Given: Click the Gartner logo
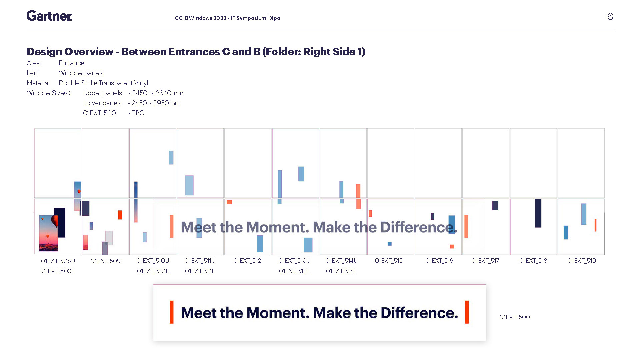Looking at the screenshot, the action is [x=49, y=16].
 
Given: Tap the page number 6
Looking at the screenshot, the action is [x=610, y=16].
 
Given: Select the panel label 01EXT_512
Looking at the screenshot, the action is [x=247, y=261].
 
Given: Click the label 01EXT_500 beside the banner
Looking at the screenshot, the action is [x=515, y=317].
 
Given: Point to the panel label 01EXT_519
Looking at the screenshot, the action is [x=582, y=261].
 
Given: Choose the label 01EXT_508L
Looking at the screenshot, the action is [x=58, y=271].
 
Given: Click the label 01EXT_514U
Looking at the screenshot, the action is [x=342, y=261].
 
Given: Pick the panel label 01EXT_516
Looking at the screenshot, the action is [x=439, y=261].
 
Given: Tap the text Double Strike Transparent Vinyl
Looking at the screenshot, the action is [x=103, y=83].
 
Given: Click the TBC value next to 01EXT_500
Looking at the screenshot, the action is [x=138, y=113].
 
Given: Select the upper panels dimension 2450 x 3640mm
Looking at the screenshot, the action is [x=158, y=93].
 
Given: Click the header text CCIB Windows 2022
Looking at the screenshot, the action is [x=201, y=18].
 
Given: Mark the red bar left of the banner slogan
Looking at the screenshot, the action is [x=172, y=312].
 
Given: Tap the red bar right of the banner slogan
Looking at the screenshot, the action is [x=467, y=312].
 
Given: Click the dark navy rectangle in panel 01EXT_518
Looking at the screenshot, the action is [x=538, y=213].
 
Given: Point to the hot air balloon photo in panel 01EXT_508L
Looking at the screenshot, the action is [x=49, y=233].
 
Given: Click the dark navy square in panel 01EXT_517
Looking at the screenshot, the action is [x=495, y=205].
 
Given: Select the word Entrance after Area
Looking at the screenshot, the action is [x=71, y=63].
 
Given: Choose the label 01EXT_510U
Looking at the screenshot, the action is [x=153, y=261].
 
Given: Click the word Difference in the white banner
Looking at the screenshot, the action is [x=419, y=313].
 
